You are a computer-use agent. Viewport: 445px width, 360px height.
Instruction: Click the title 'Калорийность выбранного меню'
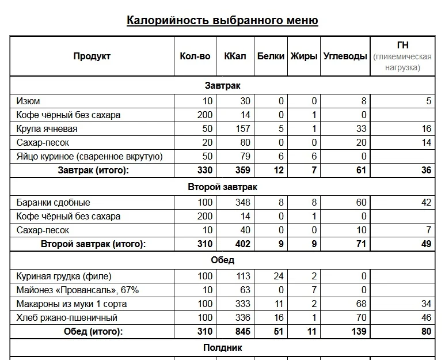click(222, 21)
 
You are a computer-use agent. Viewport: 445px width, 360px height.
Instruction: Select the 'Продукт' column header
click(92, 56)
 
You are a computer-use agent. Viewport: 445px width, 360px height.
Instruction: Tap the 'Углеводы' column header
click(345, 56)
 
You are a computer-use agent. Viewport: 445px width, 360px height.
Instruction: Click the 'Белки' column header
click(271, 56)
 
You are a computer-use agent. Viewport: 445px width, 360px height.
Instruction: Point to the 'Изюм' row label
click(28, 101)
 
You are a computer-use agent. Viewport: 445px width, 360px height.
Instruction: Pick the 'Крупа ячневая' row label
click(47, 129)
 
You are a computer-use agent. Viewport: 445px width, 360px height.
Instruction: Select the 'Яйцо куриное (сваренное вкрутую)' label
click(90, 156)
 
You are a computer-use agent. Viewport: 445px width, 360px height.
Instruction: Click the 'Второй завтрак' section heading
click(222, 187)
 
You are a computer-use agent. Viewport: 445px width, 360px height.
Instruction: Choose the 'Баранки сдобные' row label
click(53, 203)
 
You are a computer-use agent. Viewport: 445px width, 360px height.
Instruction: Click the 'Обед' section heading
click(222, 260)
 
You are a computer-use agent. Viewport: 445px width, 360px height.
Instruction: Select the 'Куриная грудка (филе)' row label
click(64, 276)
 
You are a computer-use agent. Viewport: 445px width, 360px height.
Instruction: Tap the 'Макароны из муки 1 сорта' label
click(71, 304)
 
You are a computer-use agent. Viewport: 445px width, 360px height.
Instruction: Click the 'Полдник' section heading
click(222, 347)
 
